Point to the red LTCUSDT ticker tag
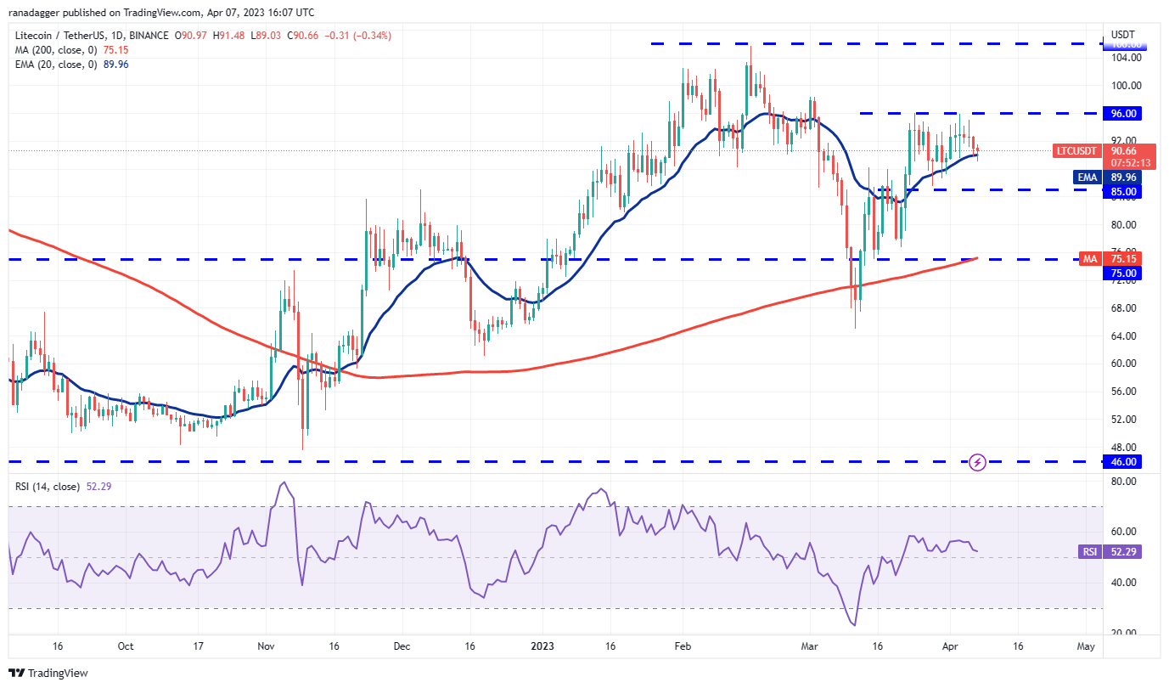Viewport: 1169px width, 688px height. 1076,150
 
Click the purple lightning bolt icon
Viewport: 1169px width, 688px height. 977,462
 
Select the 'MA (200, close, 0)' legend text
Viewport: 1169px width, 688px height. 55,49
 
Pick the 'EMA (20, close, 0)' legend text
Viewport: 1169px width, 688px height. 55,64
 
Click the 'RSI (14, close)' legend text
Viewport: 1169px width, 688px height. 48,487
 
